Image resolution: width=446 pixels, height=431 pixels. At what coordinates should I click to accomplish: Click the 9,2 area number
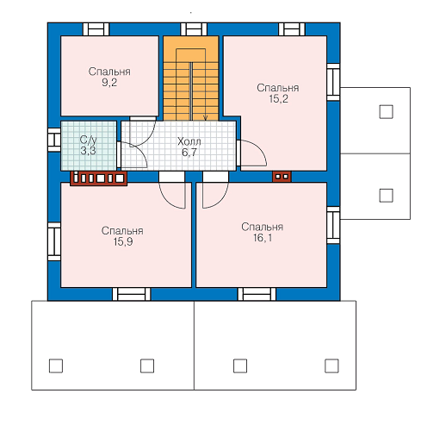(x=109, y=83)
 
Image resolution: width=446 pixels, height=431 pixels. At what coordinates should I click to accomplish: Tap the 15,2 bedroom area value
(x=278, y=99)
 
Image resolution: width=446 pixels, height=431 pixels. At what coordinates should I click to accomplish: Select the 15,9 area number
(x=123, y=242)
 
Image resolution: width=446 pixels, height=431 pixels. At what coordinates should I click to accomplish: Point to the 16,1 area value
(x=263, y=238)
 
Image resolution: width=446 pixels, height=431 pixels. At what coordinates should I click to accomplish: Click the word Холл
(x=189, y=141)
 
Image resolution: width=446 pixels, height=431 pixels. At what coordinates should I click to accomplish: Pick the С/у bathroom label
(x=88, y=140)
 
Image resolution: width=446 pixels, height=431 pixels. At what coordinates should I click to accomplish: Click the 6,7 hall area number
(x=189, y=153)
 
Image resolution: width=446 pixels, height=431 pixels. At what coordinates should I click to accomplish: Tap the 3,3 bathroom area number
(x=88, y=150)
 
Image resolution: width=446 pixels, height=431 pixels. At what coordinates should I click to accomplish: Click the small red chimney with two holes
(x=282, y=177)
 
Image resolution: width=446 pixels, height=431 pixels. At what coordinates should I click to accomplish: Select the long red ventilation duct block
(x=99, y=178)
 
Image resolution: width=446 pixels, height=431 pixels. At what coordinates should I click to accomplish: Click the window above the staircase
(x=194, y=29)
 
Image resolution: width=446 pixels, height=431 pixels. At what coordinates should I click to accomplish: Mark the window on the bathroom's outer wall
(x=54, y=140)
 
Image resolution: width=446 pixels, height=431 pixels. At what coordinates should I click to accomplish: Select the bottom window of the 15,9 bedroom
(x=132, y=294)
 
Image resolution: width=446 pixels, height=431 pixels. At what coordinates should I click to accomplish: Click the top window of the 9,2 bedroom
(x=96, y=29)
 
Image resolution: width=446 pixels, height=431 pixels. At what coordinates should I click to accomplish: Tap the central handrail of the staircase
(x=191, y=91)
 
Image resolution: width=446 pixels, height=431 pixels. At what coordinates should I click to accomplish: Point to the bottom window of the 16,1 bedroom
(x=257, y=294)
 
